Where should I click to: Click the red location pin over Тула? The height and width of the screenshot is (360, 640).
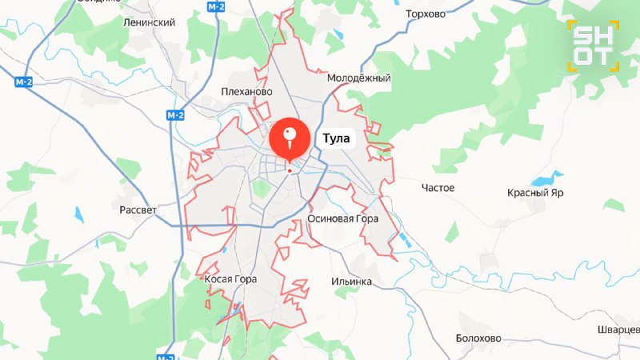pos(290,138)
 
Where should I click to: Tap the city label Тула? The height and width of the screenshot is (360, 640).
pos(335,138)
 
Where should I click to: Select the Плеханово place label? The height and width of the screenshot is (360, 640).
pos(247,91)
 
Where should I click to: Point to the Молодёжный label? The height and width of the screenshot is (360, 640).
pos(358,78)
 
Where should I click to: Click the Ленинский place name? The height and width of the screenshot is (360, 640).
pos(149,22)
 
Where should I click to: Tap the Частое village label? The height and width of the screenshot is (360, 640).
pos(438,188)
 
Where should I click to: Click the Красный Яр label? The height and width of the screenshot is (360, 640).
pos(535,193)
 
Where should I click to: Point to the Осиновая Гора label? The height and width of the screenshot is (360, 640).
pos(342,218)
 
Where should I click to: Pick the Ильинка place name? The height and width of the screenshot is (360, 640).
pos(351,282)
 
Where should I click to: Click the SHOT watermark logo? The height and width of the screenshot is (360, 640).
pos(593,46)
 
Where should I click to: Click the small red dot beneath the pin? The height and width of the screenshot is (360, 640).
pos(290,170)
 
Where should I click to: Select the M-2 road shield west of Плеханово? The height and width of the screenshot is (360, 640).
pos(175,115)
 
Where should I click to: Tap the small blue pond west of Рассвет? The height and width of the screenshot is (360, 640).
pos(78,214)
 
